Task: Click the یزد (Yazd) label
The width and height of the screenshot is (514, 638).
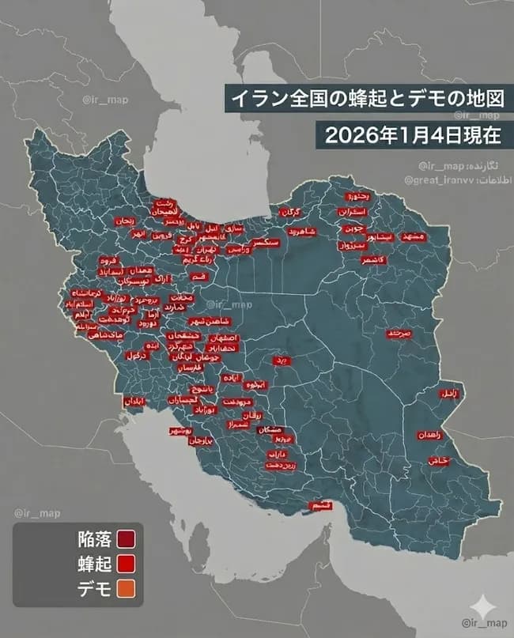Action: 280,360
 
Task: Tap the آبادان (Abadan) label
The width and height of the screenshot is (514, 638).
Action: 134,402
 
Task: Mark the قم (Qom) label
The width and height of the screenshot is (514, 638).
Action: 200,276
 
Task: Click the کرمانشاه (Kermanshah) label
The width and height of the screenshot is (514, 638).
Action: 85,293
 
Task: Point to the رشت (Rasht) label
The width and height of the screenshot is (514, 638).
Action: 164,202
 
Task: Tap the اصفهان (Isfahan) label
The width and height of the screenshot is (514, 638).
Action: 225,338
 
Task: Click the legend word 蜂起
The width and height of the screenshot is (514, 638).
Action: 93,564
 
